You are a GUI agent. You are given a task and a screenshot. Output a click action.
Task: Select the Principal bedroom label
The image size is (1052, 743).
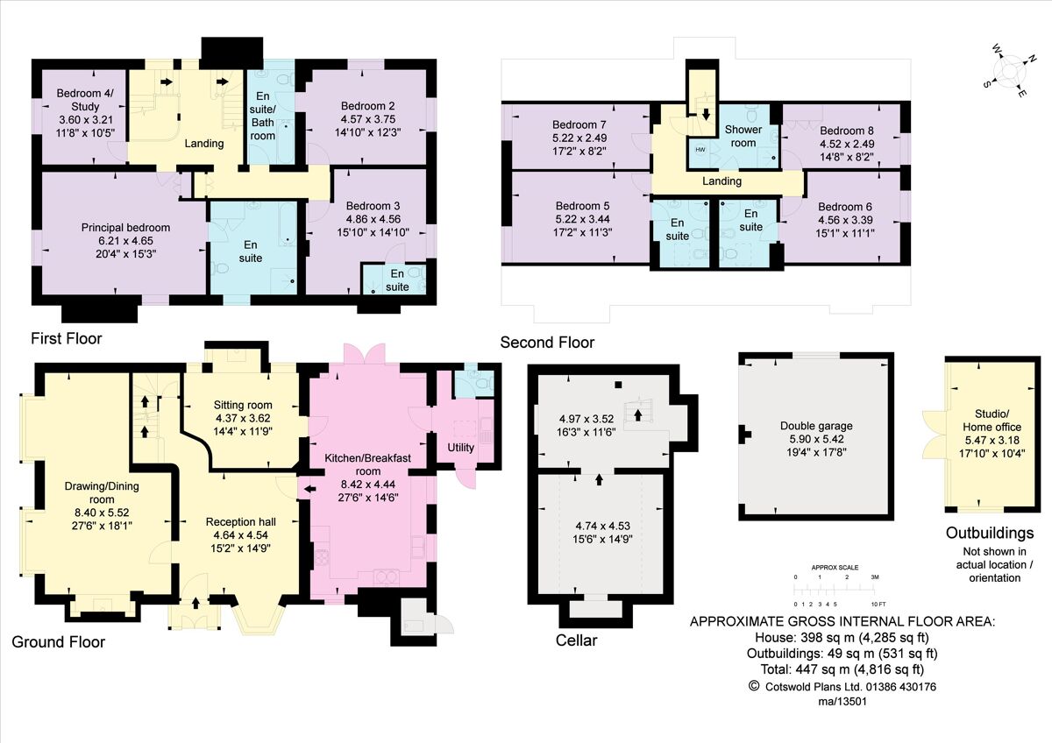click(x=125, y=228)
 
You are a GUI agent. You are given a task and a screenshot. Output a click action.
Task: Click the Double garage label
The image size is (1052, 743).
click(x=816, y=427)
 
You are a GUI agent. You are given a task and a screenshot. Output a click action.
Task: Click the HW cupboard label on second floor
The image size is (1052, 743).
click(x=700, y=150)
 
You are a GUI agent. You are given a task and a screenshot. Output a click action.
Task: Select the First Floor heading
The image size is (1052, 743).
click(x=66, y=338)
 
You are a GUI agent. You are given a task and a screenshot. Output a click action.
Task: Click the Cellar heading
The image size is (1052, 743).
click(x=576, y=640)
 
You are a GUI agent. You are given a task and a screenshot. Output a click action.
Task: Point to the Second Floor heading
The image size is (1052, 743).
click(x=547, y=343)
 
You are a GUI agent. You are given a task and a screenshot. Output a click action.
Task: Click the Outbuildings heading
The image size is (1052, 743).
click(x=990, y=533)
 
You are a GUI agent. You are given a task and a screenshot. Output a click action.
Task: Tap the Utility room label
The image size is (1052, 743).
click(x=461, y=448)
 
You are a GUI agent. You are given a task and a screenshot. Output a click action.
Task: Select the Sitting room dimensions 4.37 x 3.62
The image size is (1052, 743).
click(x=243, y=418)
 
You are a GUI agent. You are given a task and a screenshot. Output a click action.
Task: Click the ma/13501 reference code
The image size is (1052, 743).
click(x=842, y=703)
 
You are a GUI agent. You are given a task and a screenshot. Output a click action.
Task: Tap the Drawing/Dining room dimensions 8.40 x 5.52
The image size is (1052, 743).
click(x=101, y=513)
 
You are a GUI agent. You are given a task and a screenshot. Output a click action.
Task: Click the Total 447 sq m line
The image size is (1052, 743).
click(x=842, y=669)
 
